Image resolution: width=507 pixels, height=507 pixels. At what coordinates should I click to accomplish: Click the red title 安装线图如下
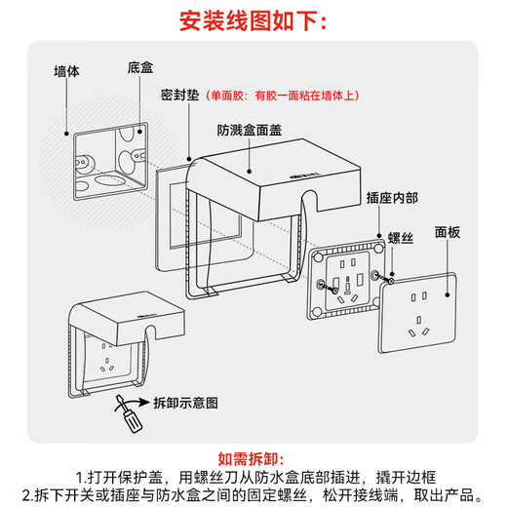253,20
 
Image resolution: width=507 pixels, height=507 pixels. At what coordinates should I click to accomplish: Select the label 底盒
139,68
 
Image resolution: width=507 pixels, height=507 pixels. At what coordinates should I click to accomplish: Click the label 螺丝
401,237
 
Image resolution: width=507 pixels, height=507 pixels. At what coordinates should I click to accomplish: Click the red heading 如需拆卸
253,456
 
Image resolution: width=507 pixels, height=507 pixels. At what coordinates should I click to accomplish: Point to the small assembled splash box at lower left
110,346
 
